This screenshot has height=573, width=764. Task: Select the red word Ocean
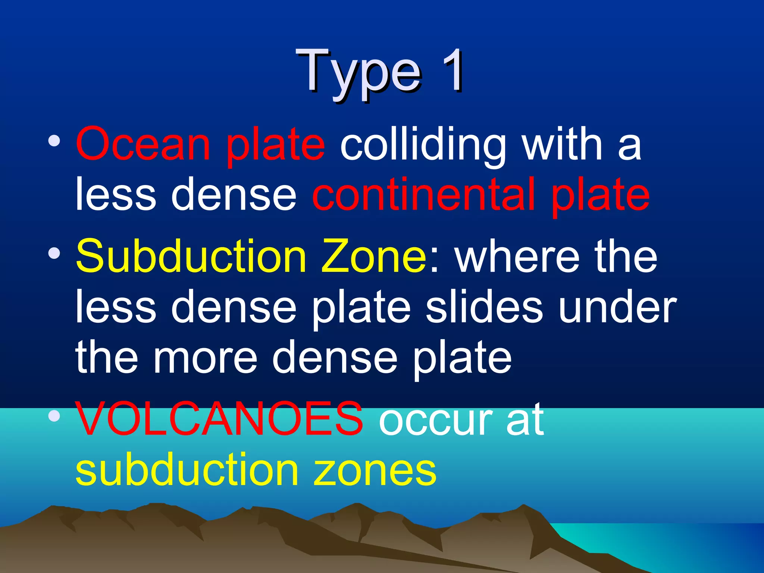(x=143, y=144)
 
